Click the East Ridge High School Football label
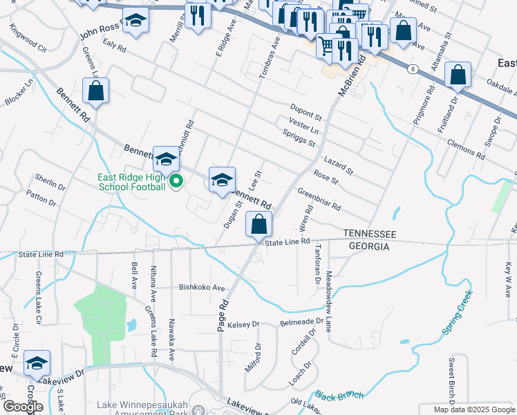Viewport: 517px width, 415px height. point(131,182)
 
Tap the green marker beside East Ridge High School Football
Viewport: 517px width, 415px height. point(176,182)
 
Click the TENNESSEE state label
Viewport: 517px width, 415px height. point(370,234)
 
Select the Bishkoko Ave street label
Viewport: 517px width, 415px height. point(203,288)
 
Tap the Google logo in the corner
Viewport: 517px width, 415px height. point(23,407)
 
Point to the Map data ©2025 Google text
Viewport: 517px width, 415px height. point(475,409)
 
